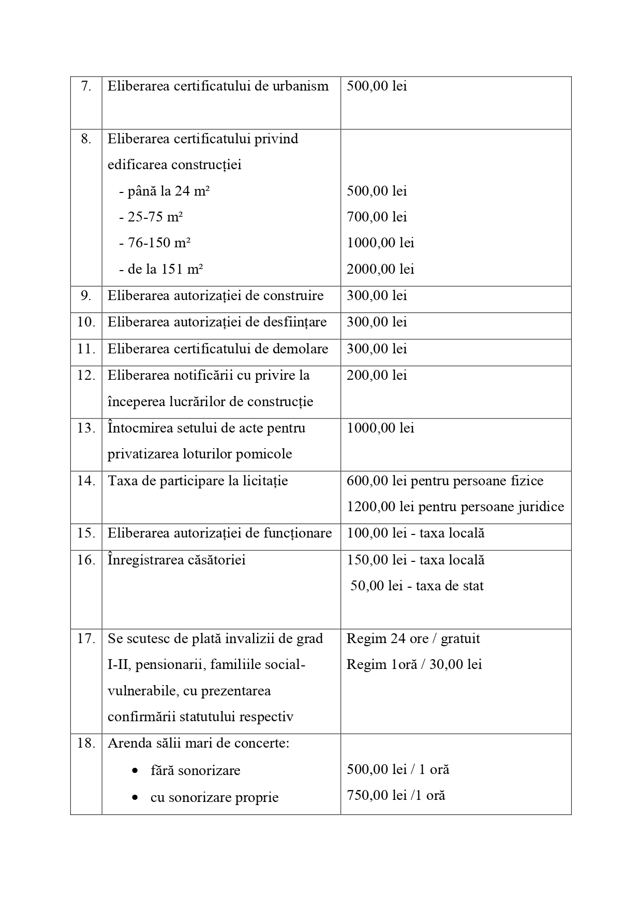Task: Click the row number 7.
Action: coord(86,86)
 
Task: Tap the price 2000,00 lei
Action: coord(380,269)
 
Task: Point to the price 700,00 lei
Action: coord(377,217)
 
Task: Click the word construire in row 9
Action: coord(293,295)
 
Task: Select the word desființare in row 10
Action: coord(295,322)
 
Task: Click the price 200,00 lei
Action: coord(377,375)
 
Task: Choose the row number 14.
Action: coord(86,481)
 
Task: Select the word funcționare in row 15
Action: coord(300,533)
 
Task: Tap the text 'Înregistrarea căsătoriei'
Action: coord(176,560)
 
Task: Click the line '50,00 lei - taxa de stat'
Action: coord(417,586)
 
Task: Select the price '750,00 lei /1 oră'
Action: coord(396,796)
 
